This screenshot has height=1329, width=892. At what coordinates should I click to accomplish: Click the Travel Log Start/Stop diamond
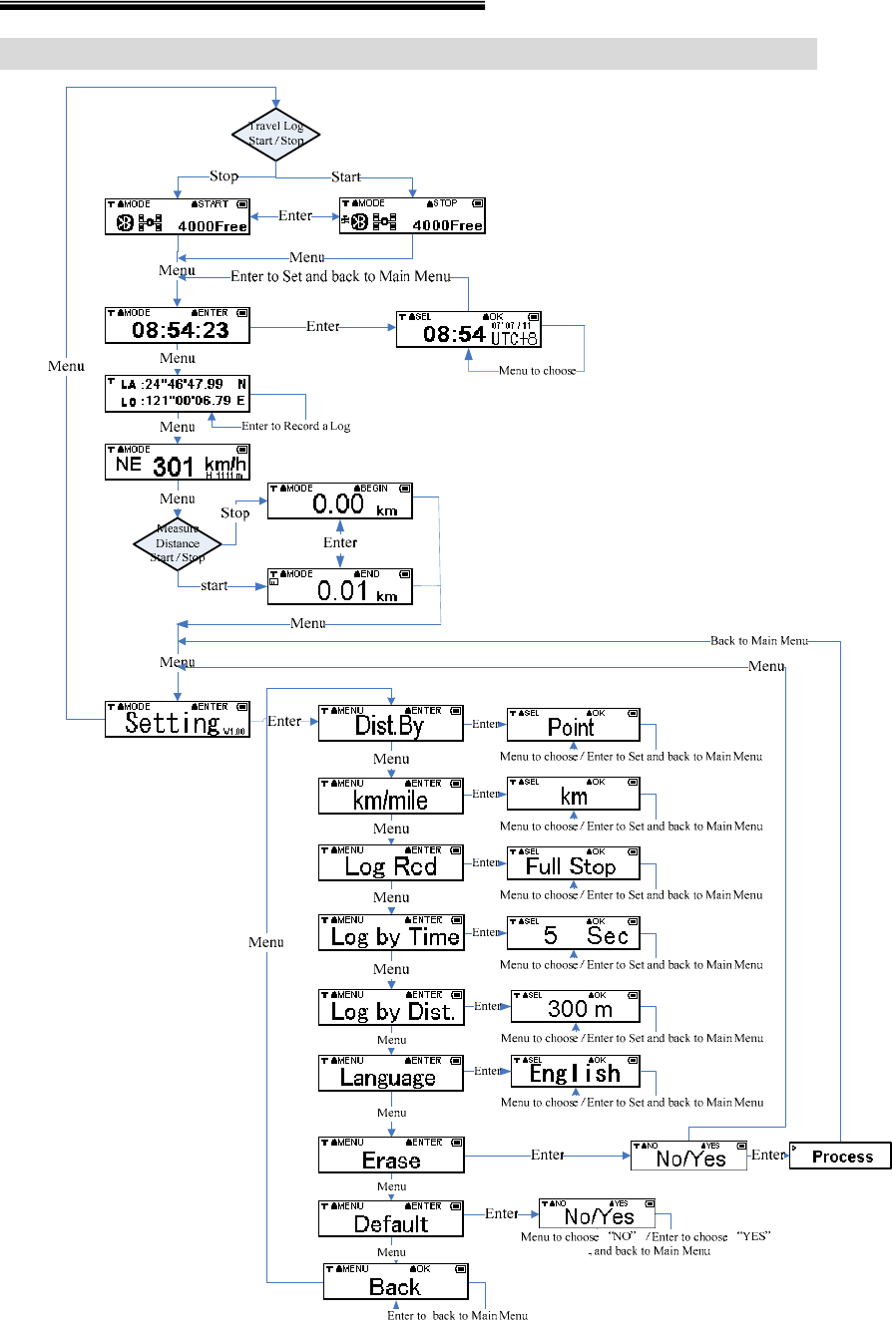(275, 133)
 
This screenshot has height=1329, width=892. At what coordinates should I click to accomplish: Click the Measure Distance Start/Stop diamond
(177, 543)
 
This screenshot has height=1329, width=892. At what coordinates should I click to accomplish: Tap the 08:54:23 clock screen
(177, 326)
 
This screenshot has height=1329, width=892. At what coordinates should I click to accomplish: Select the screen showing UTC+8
(468, 329)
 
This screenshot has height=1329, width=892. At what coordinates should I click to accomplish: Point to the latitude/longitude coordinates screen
(177, 393)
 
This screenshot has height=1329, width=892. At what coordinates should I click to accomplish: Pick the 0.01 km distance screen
(339, 587)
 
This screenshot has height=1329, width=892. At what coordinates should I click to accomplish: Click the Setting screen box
(177, 718)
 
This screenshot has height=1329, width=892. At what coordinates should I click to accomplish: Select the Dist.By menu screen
(391, 724)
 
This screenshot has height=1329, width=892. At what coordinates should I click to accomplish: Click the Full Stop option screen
(573, 863)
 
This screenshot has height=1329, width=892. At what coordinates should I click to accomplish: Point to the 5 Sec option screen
(573, 933)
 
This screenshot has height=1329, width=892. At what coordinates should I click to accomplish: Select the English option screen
(575, 1071)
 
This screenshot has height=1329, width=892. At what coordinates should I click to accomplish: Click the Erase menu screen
(391, 1156)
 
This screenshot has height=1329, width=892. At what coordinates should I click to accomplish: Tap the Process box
(840, 1156)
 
